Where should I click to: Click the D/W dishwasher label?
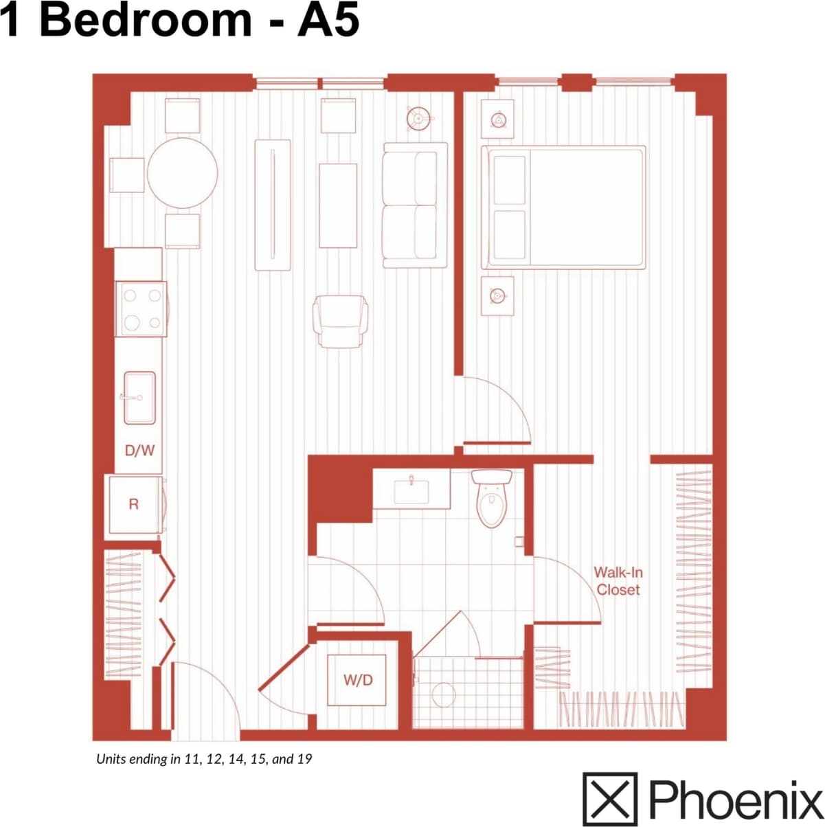pos(139,451)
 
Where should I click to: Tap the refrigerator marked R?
pos(135,505)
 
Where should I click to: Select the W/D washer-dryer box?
pos(357,680)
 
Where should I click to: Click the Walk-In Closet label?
pos(618,581)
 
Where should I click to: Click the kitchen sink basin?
pos(139,397)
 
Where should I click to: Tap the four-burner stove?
pos(141,309)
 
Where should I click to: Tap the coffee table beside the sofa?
pos(338,205)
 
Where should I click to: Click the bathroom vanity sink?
pos(411,490)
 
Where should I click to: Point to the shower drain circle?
pos(444,694)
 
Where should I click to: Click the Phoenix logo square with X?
pos(610,799)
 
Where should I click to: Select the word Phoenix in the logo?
pos(735,799)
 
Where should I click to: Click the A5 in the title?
pos(328,21)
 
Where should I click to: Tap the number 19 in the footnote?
pos(304,759)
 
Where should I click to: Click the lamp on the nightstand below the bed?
pos(497,296)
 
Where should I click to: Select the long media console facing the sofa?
pos(273,205)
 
